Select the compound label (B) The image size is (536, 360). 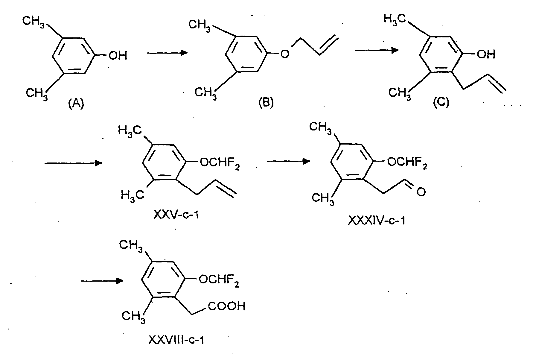tap(266, 103)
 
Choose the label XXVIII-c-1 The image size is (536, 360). tap(176, 340)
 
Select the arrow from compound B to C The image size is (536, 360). tap(376, 50)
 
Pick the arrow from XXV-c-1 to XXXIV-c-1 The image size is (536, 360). tap(288, 161)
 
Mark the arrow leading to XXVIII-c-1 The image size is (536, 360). tap(102, 281)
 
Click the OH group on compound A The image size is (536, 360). tap(118, 56)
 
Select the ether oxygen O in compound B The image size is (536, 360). tap(285, 54)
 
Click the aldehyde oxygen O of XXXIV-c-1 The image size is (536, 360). tap(421, 192)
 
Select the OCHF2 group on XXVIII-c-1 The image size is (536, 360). tap(219, 281)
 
